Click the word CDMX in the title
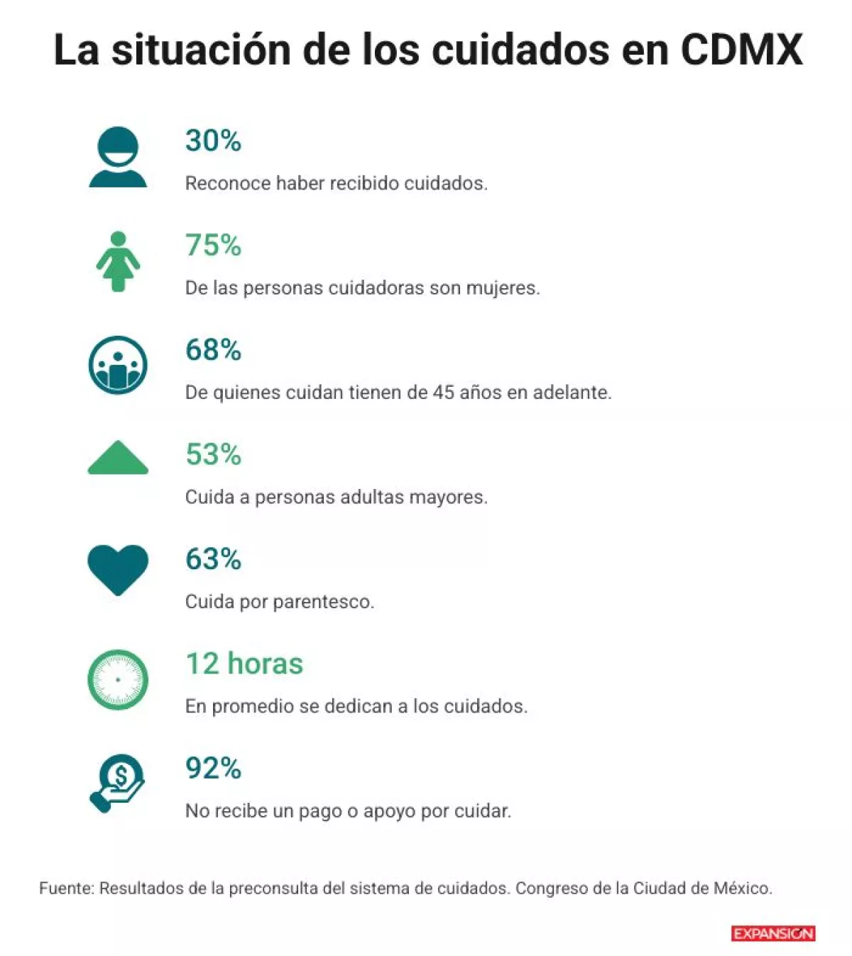coord(741,50)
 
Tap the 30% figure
coord(213,141)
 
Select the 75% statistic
coord(213,246)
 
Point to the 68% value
coord(213,350)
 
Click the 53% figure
coord(213,454)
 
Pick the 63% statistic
coord(213,559)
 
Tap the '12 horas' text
coord(244,664)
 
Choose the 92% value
coord(213,768)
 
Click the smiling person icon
coord(118,157)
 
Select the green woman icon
coord(118,261)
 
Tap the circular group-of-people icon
coord(118,366)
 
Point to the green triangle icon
coord(118,458)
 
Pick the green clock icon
coord(118,679)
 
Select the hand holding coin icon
coord(118,783)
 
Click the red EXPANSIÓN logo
coord(773,933)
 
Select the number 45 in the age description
coord(443,392)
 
